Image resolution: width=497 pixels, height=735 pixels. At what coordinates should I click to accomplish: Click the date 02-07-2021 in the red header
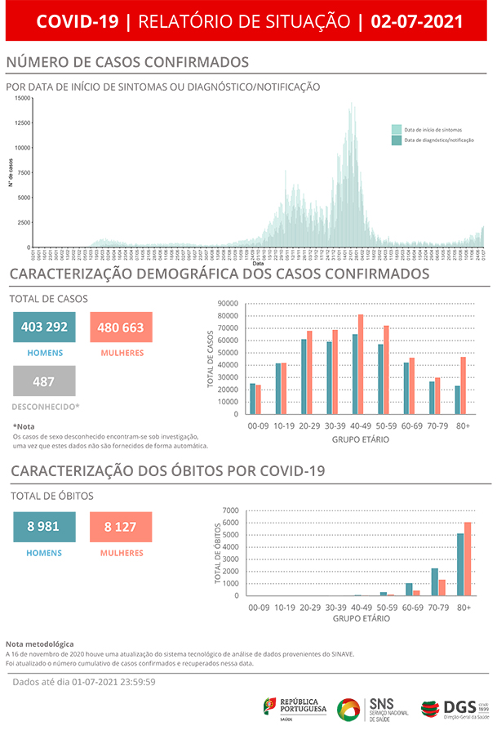coord(416,21)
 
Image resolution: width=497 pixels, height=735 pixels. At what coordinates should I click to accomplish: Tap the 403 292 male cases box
coord(44,327)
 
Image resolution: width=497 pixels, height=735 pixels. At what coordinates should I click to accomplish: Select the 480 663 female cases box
coord(121,327)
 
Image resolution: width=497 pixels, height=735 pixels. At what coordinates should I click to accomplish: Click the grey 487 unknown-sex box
coord(44,381)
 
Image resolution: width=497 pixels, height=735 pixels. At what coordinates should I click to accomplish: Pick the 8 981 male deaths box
coord(44,527)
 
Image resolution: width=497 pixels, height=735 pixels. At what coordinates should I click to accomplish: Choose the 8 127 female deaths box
coord(121,527)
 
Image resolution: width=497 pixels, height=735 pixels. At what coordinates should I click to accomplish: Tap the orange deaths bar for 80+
coord(468,559)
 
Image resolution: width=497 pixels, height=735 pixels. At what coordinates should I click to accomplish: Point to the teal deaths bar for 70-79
coord(435,582)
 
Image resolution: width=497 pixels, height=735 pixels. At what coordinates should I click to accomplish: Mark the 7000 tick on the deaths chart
coord(231,510)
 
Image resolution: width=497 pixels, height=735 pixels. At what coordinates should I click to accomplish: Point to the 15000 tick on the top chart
coord(23,99)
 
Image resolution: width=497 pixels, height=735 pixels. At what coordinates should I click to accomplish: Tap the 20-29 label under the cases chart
coord(308,426)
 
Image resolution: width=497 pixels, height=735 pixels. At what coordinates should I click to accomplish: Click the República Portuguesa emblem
coord(269,706)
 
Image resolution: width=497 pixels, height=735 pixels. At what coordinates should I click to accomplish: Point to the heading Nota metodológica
coord(39,644)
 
